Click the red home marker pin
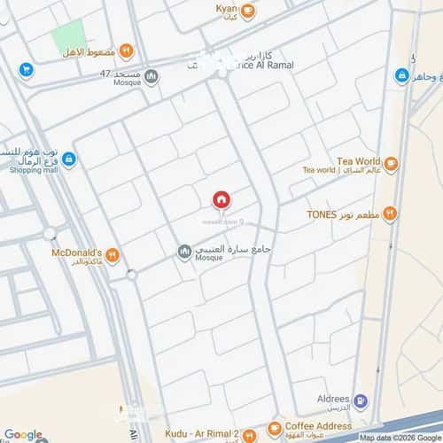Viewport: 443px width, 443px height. click(x=221, y=199)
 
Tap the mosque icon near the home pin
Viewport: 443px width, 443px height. click(x=184, y=253)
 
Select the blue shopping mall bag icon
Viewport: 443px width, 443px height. click(x=69, y=159)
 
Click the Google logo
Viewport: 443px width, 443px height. click(x=22, y=434)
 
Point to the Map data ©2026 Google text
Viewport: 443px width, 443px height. click(x=400, y=438)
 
